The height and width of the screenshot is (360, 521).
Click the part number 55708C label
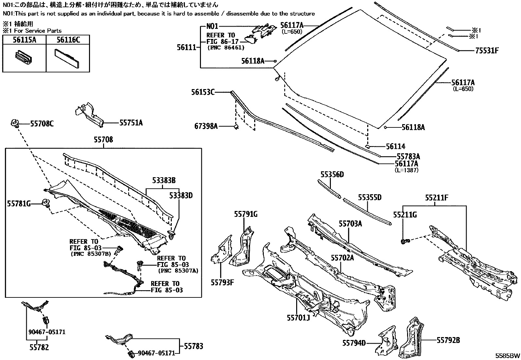pos(42,123)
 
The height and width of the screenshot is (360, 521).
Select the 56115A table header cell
pos(24,40)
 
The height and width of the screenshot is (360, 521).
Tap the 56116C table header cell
pos(68,40)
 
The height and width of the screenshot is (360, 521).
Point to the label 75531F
pos(487,51)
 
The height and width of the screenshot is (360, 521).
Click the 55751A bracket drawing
pos(89,115)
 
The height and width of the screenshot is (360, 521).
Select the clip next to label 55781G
pos(46,203)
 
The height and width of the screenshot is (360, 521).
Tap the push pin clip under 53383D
pos(172,234)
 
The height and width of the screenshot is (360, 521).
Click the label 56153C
pos(203,92)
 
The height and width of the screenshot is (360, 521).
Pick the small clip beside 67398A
pos(236,126)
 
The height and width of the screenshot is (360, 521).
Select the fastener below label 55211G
pos(405,242)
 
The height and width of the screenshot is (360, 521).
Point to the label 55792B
pos(448,341)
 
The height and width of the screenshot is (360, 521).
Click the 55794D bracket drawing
pos(387,341)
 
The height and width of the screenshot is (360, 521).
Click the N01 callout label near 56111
pos(212,27)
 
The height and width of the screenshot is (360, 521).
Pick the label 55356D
pos(332,175)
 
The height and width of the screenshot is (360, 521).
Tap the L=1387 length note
pos(407,170)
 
